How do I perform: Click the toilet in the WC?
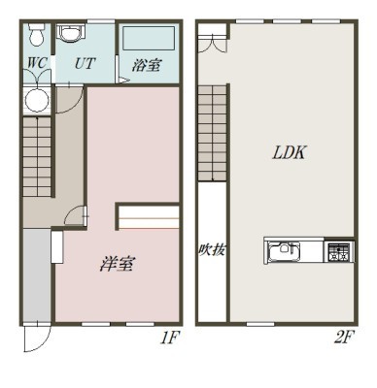pyautogui.click(x=36, y=35)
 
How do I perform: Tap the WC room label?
pyautogui.click(x=37, y=63)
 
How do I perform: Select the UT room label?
pyautogui.click(x=85, y=63)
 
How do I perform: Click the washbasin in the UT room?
pyautogui.click(x=71, y=33)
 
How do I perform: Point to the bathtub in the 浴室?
pyautogui.click(x=149, y=38)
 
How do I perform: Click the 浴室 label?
pyautogui.click(x=147, y=65)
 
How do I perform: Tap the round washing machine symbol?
pyautogui.click(x=37, y=100)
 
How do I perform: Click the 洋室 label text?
pyautogui.click(x=117, y=264)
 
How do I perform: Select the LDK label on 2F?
pyautogui.click(x=289, y=152)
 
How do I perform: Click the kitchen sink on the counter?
pyautogui.click(x=284, y=250)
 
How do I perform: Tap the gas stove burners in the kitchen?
pyautogui.click(x=339, y=251)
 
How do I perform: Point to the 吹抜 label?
pyautogui.click(x=212, y=249)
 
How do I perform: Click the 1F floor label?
pyautogui.click(x=169, y=338)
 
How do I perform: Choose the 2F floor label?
pyautogui.click(x=343, y=338)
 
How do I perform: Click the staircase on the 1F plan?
pyautogui.click(x=37, y=156)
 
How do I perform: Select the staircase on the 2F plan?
pyautogui.click(x=212, y=133)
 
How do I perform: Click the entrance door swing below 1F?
pyautogui.click(x=37, y=338)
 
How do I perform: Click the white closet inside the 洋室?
pyautogui.click(x=149, y=216)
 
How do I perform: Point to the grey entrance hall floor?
pyautogui.click(x=37, y=275)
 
